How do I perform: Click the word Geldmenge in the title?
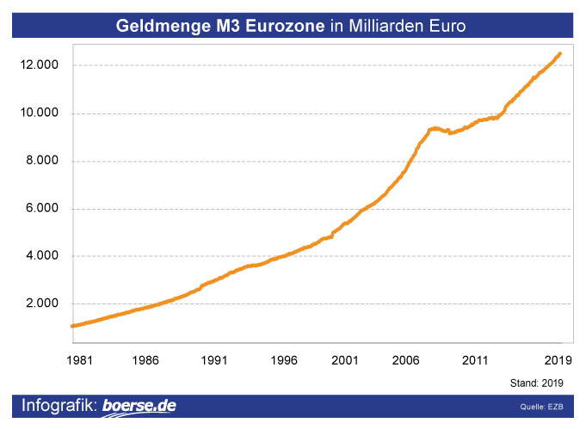pos(160,27)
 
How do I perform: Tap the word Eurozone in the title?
pos(285,27)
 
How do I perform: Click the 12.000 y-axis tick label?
pos(40,65)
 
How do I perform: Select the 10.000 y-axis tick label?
pos(40,113)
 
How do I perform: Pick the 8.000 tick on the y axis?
pos(44,161)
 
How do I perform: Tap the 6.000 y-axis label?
pos(44,208)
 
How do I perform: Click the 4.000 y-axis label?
pos(44,256)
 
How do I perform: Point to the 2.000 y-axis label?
pos(44,303)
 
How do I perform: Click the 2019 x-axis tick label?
pos(559,360)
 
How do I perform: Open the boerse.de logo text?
pos(139,406)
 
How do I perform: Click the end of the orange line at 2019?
pos(560,54)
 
